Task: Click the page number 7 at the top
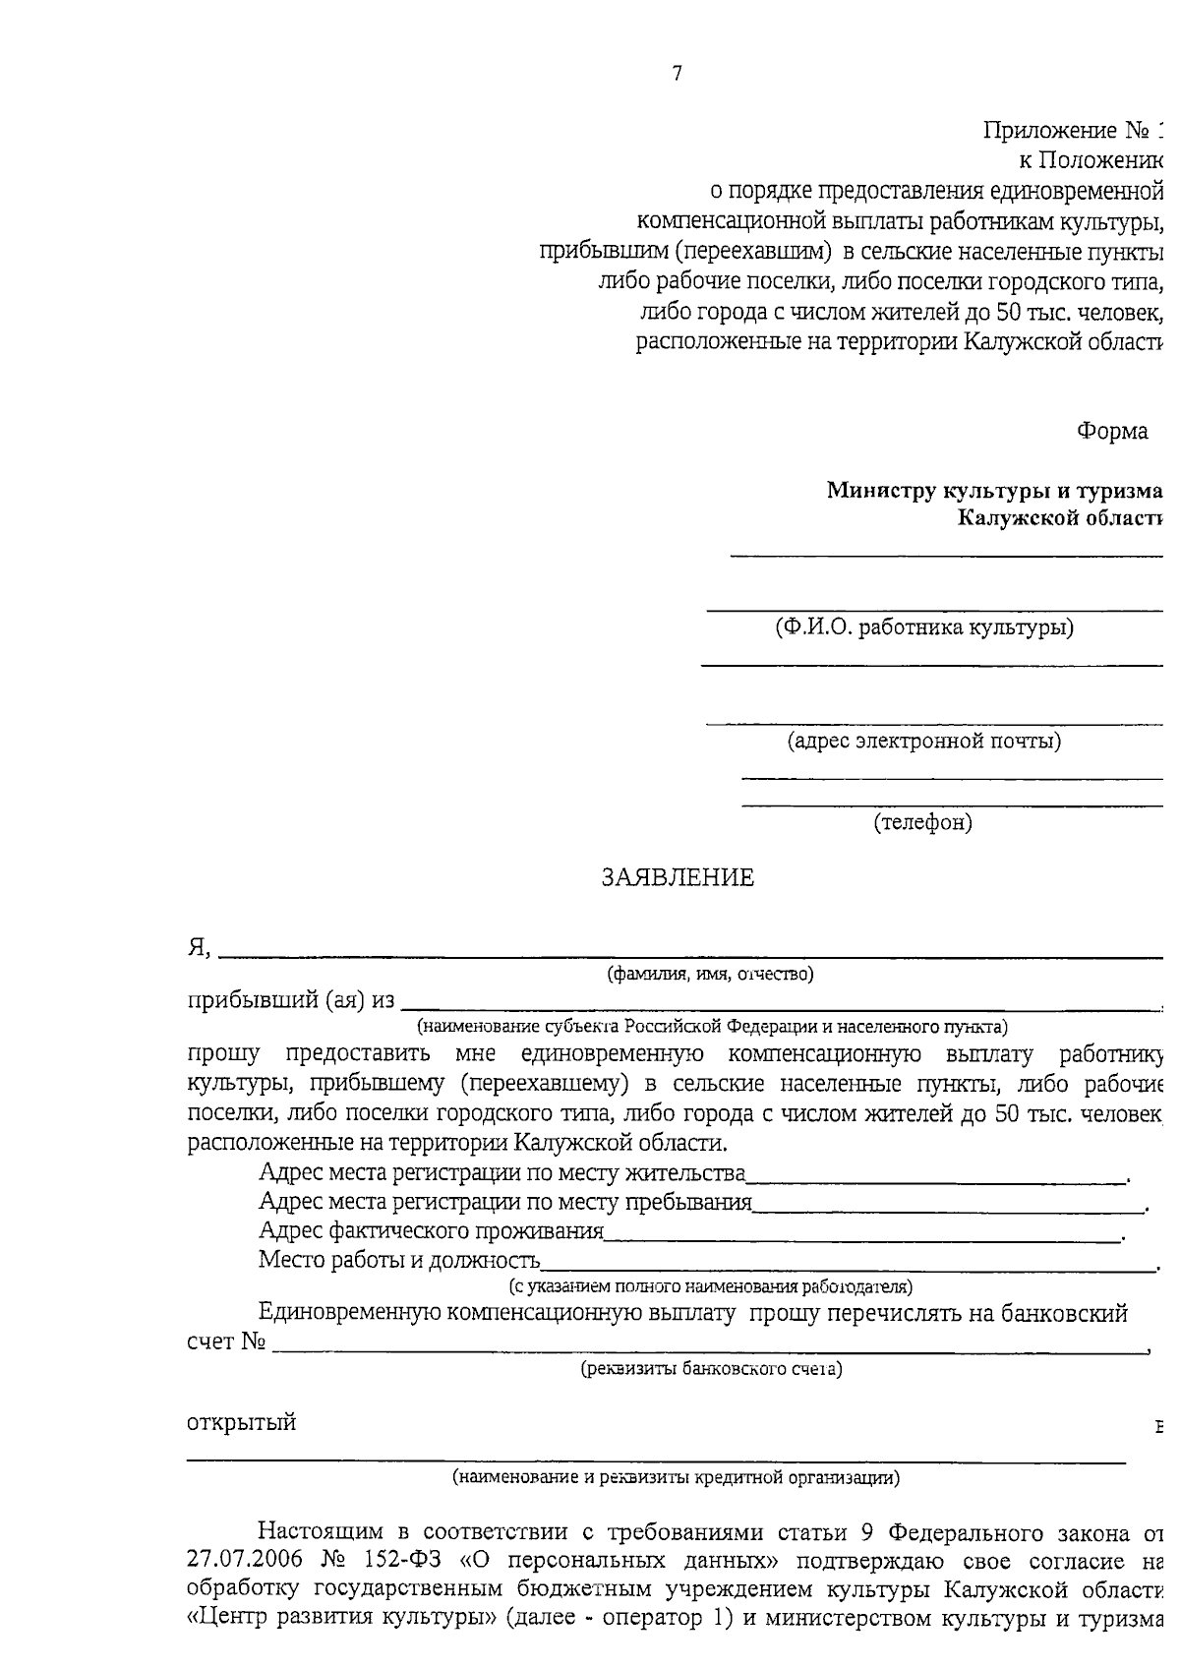[x=677, y=74]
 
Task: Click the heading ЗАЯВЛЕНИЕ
[x=678, y=878]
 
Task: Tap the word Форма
[x=1112, y=432]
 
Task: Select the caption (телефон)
[x=922, y=822]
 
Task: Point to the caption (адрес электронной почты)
[x=924, y=741]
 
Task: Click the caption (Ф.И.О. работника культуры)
[x=923, y=627]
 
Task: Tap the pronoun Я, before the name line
[x=200, y=948]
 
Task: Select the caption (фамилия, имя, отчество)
[x=709, y=975]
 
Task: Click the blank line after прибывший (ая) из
[x=777, y=1006]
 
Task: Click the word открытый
[x=241, y=1423]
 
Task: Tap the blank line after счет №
[x=708, y=1349]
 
